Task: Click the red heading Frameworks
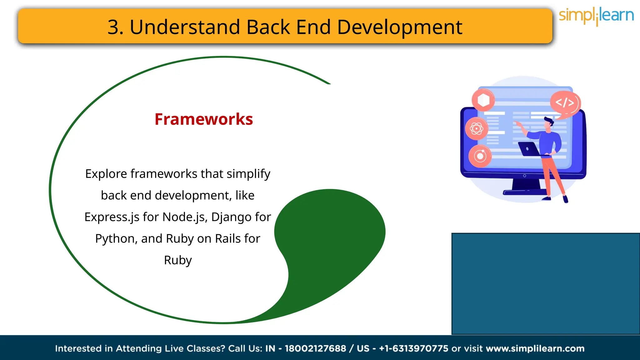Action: tap(204, 119)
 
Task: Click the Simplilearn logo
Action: tap(596, 16)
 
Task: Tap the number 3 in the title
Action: tap(113, 27)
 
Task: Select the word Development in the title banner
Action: tap(400, 27)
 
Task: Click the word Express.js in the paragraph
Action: tap(112, 217)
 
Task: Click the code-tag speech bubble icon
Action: tap(565, 103)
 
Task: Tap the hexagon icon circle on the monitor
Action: tap(483, 100)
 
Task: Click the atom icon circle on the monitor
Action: tap(477, 128)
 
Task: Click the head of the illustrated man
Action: tap(549, 122)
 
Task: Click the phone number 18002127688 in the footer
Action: tap(315, 348)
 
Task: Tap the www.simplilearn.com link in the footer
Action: tap(535, 348)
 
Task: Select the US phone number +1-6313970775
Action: tap(413, 348)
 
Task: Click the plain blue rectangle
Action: tap(545, 284)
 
